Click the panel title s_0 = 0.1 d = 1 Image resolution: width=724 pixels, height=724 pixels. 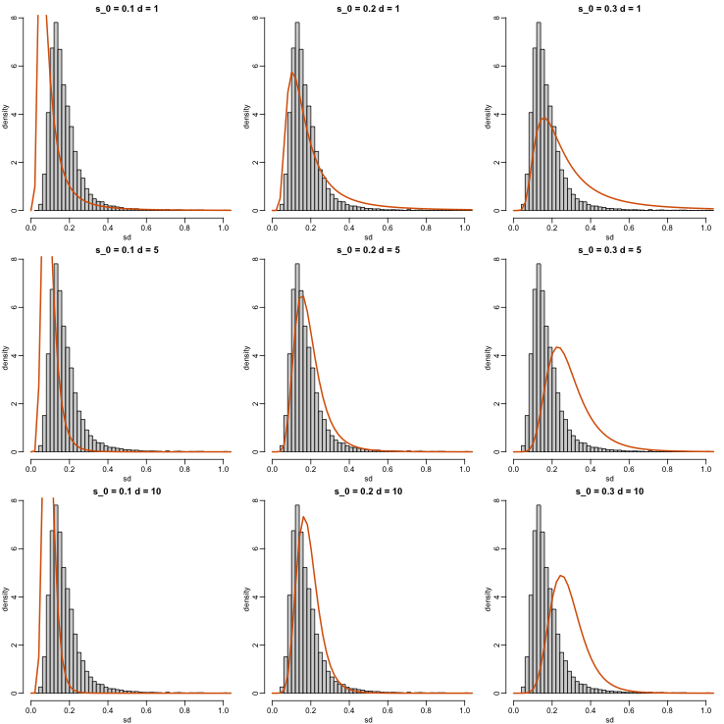(127, 7)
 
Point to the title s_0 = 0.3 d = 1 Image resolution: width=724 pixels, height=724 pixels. (609, 7)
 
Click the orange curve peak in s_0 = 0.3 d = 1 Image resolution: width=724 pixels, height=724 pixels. (543, 118)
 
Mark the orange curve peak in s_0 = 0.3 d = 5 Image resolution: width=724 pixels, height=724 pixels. (557, 347)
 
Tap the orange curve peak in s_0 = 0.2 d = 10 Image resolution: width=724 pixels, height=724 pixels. (304, 517)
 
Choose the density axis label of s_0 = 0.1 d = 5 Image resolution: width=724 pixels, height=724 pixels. (6, 355)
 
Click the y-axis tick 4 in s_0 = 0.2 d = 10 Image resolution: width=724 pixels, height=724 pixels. (262, 596)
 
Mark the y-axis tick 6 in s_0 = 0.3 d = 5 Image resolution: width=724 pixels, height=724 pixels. (503, 307)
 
